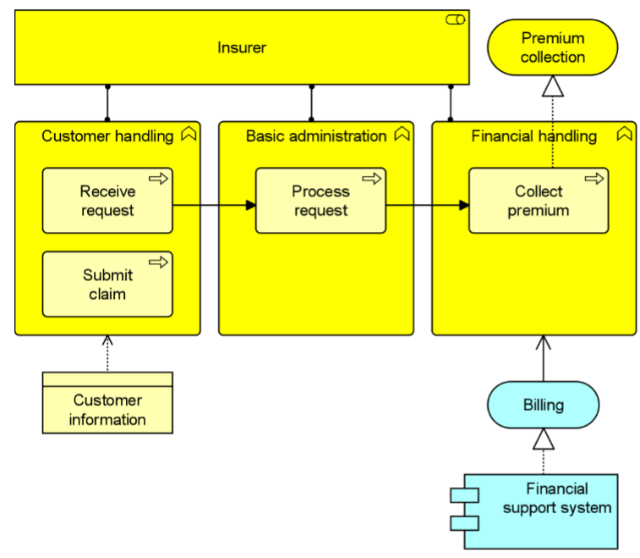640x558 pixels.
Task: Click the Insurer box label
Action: click(242, 47)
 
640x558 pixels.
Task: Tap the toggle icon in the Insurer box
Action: click(455, 19)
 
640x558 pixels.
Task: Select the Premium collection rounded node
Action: click(553, 47)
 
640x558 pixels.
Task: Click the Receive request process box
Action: click(107, 201)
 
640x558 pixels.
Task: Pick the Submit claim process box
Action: click(107, 285)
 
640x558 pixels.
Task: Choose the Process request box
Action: click(320, 201)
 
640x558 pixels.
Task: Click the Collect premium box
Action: click(539, 201)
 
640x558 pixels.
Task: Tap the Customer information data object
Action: click(107, 403)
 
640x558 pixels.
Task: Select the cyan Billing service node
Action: click(544, 405)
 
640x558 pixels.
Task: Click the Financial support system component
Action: click(534, 511)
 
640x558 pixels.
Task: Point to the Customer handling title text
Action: click(107, 136)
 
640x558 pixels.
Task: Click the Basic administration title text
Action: click(316, 136)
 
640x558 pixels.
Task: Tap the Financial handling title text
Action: click(533, 136)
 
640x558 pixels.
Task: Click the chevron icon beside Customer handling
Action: click(189, 133)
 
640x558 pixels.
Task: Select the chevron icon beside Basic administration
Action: click(402, 133)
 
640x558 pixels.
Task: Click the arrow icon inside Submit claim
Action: click(158, 262)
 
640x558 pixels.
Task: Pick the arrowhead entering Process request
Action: click(251, 205)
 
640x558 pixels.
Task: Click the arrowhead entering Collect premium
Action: click(464, 205)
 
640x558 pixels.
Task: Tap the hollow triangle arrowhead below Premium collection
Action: click(553, 86)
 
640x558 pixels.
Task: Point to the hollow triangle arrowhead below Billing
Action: click(544, 439)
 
